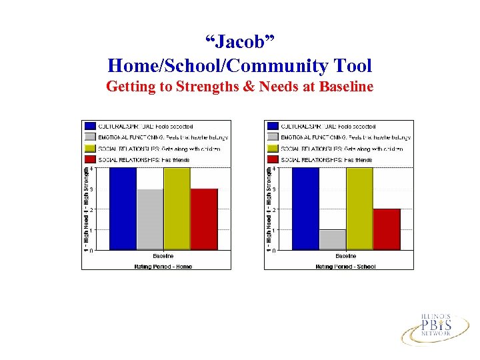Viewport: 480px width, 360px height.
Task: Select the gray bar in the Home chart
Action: [149, 219]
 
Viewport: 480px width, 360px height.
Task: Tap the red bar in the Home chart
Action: [204, 219]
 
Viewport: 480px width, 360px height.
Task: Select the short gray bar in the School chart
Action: [332, 240]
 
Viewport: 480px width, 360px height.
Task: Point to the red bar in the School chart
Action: [387, 229]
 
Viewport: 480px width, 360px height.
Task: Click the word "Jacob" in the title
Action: [239, 43]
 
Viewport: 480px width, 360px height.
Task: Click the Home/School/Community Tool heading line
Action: [239, 65]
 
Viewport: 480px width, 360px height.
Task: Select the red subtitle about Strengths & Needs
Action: [239, 87]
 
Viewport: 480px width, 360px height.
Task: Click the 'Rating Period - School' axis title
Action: [345, 266]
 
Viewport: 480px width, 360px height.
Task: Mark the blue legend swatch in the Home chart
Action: [89, 126]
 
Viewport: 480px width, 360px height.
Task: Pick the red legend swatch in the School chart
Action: [272, 160]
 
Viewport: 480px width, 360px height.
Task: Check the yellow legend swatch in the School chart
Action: [272, 149]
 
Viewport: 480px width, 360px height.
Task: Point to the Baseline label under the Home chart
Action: [163, 256]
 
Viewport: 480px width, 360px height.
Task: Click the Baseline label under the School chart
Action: [345, 256]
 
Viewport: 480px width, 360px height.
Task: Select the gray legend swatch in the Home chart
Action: [89, 137]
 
